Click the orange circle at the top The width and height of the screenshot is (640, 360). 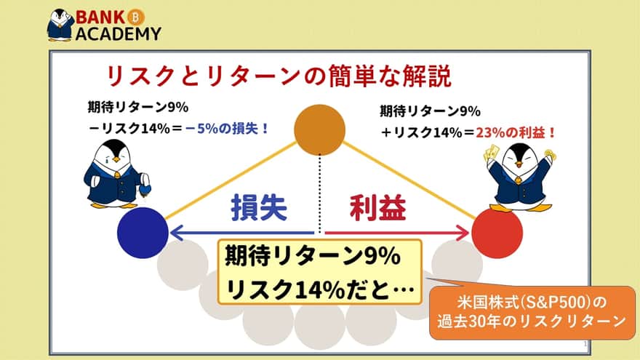(x=319, y=129)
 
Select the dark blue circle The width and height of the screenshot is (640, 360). (x=143, y=233)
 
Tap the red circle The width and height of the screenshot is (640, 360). (x=497, y=233)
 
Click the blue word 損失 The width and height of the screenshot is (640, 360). (x=259, y=208)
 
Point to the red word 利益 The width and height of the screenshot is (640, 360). (x=378, y=208)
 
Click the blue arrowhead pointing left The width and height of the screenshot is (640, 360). (x=176, y=233)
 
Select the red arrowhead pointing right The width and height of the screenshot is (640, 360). (x=463, y=233)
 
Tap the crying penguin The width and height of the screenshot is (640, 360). (x=117, y=174)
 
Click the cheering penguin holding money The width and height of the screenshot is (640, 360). (x=519, y=177)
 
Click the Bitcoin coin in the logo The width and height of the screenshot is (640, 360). (x=135, y=17)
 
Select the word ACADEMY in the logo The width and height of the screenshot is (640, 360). (x=119, y=33)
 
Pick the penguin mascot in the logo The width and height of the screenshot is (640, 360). (x=60, y=25)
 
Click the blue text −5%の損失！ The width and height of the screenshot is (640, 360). (x=227, y=129)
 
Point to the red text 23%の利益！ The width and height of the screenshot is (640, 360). (x=516, y=132)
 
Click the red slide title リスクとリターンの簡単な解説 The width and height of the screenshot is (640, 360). (x=279, y=76)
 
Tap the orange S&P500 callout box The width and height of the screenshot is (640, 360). (x=532, y=313)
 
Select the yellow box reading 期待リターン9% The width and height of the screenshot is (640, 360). (x=319, y=272)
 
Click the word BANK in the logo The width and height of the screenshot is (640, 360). (x=100, y=17)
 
